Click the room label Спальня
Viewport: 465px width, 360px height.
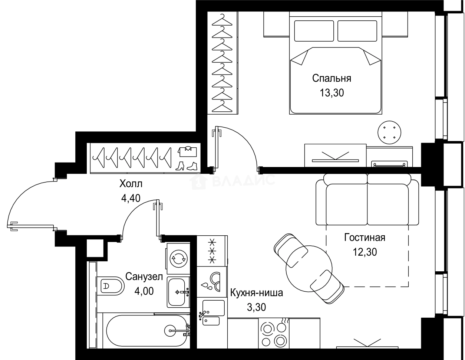332,79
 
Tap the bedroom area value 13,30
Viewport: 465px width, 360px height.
332,93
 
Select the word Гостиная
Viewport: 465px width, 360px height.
365,238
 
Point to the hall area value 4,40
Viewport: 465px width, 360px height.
131,198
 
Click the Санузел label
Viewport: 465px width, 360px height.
144,277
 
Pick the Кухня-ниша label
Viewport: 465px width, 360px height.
257,293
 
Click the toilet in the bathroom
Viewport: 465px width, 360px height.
111,286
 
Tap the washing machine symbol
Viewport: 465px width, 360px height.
178,259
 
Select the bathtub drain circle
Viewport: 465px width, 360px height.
170,331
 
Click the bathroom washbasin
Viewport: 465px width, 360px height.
178,292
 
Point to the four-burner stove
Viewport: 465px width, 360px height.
274,333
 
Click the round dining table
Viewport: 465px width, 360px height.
309,269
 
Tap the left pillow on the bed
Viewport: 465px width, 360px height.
314,31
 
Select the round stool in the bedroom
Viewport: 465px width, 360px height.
389,132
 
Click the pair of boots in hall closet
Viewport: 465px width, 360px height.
186,166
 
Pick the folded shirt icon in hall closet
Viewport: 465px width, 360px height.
187,151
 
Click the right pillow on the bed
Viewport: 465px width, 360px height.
357,31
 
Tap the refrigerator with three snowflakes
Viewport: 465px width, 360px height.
212,251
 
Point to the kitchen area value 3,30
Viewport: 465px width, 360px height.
256,307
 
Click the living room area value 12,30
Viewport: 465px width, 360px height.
365,252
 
